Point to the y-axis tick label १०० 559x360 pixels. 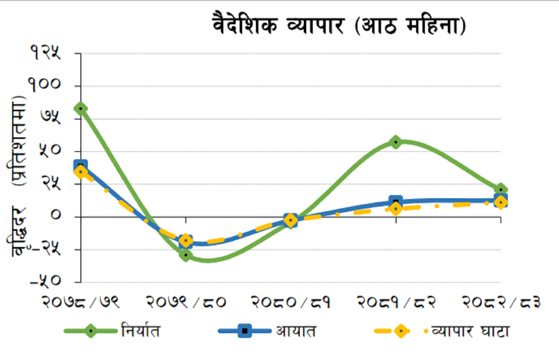pyautogui.click(x=45, y=84)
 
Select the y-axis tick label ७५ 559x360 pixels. pyautogui.click(x=50, y=117)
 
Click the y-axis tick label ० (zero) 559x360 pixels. pyautogui.click(x=56, y=215)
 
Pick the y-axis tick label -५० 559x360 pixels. pyautogui.click(x=45, y=281)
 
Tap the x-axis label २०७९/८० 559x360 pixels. pyautogui.click(x=186, y=302)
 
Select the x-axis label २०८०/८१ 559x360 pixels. pyautogui.click(x=291, y=302)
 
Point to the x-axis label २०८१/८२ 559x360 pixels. pyautogui.click(x=396, y=302)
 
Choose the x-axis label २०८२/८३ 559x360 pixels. pyautogui.click(x=501, y=302)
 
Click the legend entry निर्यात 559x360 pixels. pyautogui.click(x=141, y=331)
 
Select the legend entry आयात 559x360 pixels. pyautogui.click(x=296, y=331)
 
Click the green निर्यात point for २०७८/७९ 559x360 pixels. pyautogui.click(x=81, y=109)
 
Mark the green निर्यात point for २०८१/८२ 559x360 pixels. pyautogui.click(x=396, y=142)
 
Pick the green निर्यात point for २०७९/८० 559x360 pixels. pyautogui.click(x=186, y=255)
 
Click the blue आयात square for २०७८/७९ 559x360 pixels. pyautogui.click(x=80, y=166)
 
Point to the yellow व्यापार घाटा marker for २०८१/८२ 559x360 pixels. pyautogui.click(x=396, y=209)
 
